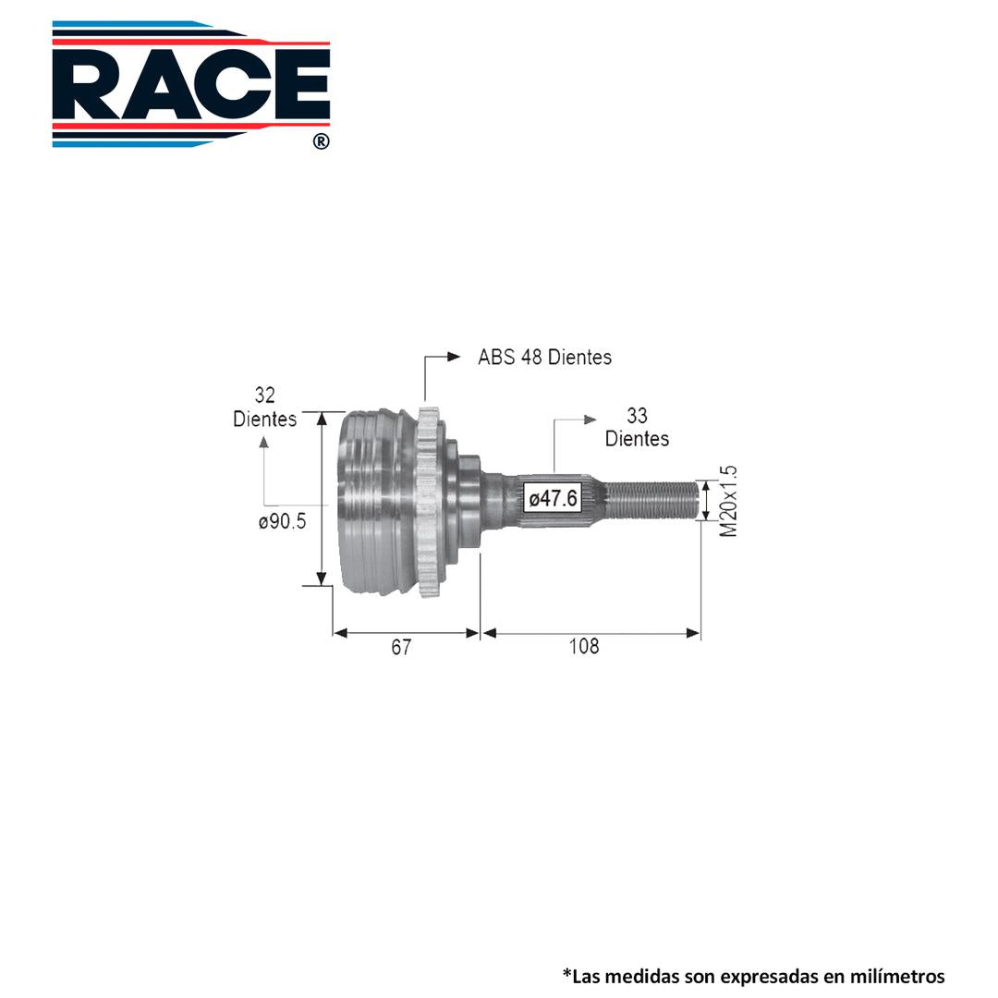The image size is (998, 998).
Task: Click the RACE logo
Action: [191, 84]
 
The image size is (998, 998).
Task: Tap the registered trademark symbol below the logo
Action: [322, 141]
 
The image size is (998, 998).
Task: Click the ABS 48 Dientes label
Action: [545, 357]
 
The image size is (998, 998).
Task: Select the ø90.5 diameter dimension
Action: [282, 521]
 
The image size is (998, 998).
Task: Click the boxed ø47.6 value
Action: [554, 498]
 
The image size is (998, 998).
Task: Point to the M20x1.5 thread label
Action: [729, 501]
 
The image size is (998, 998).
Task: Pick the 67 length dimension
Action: [401, 647]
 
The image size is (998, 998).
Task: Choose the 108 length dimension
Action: [584, 647]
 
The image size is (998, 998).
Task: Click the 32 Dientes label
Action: [265, 407]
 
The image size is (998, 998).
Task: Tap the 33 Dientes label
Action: [637, 427]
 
